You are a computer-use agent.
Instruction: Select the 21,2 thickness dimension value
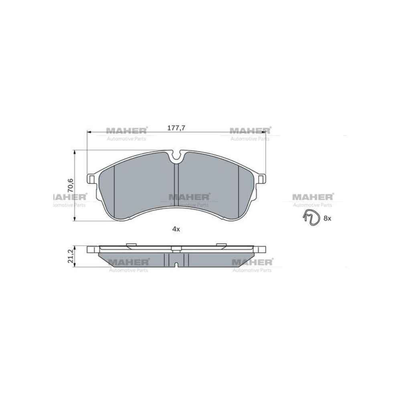(71, 256)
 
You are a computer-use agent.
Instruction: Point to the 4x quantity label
(176, 229)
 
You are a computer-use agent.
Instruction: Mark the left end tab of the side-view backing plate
(92, 249)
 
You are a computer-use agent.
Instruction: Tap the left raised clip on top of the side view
(131, 244)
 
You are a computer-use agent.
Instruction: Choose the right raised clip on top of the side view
(221, 244)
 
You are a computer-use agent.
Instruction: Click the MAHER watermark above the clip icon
(312, 196)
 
